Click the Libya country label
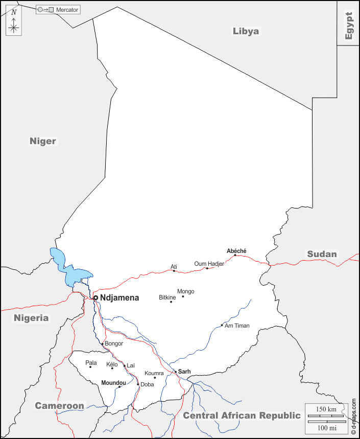click(x=246, y=31)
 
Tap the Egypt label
click(x=349, y=26)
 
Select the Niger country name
click(x=43, y=141)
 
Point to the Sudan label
click(x=322, y=254)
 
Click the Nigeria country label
click(x=31, y=318)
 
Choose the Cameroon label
click(x=59, y=406)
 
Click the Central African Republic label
click(x=242, y=415)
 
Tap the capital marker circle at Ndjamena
click(x=95, y=297)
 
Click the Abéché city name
click(x=236, y=250)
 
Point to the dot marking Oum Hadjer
click(x=207, y=268)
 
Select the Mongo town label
click(x=185, y=291)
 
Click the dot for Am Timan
click(x=222, y=326)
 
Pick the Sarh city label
click(x=184, y=372)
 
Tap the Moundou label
click(x=113, y=383)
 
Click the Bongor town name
click(x=114, y=343)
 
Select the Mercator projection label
click(x=67, y=10)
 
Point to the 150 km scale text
click(x=326, y=409)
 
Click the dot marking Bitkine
click(x=171, y=302)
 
